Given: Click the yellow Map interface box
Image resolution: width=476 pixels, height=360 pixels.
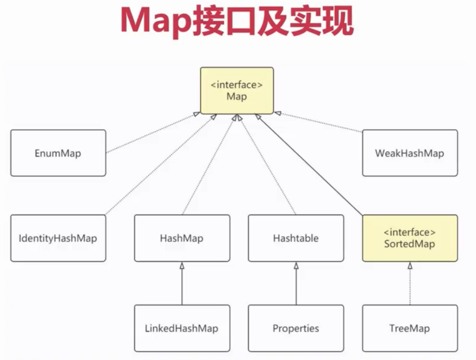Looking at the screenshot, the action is (x=237, y=91).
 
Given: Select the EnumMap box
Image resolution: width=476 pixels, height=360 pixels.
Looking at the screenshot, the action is (x=58, y=153).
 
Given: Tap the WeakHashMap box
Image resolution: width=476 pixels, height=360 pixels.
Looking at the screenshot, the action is (x=410, y=153).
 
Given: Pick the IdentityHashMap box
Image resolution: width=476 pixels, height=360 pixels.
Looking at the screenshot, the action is (x=58, y=238).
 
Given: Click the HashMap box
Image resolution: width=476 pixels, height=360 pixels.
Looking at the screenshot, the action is (x=182, y=238).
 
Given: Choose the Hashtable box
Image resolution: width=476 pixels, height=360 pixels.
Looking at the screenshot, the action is (x=296, y=238).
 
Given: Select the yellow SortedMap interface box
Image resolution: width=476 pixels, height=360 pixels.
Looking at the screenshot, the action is (x=410, y=238).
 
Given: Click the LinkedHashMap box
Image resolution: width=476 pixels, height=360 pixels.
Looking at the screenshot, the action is (x=182, y=328).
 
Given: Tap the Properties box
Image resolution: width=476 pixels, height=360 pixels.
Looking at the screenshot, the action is (x=296, y=328).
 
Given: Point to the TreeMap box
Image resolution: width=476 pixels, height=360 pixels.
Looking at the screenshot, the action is (x=410, y=328).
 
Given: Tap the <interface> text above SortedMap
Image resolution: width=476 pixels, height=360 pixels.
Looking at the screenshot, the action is (x=410, y=232).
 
